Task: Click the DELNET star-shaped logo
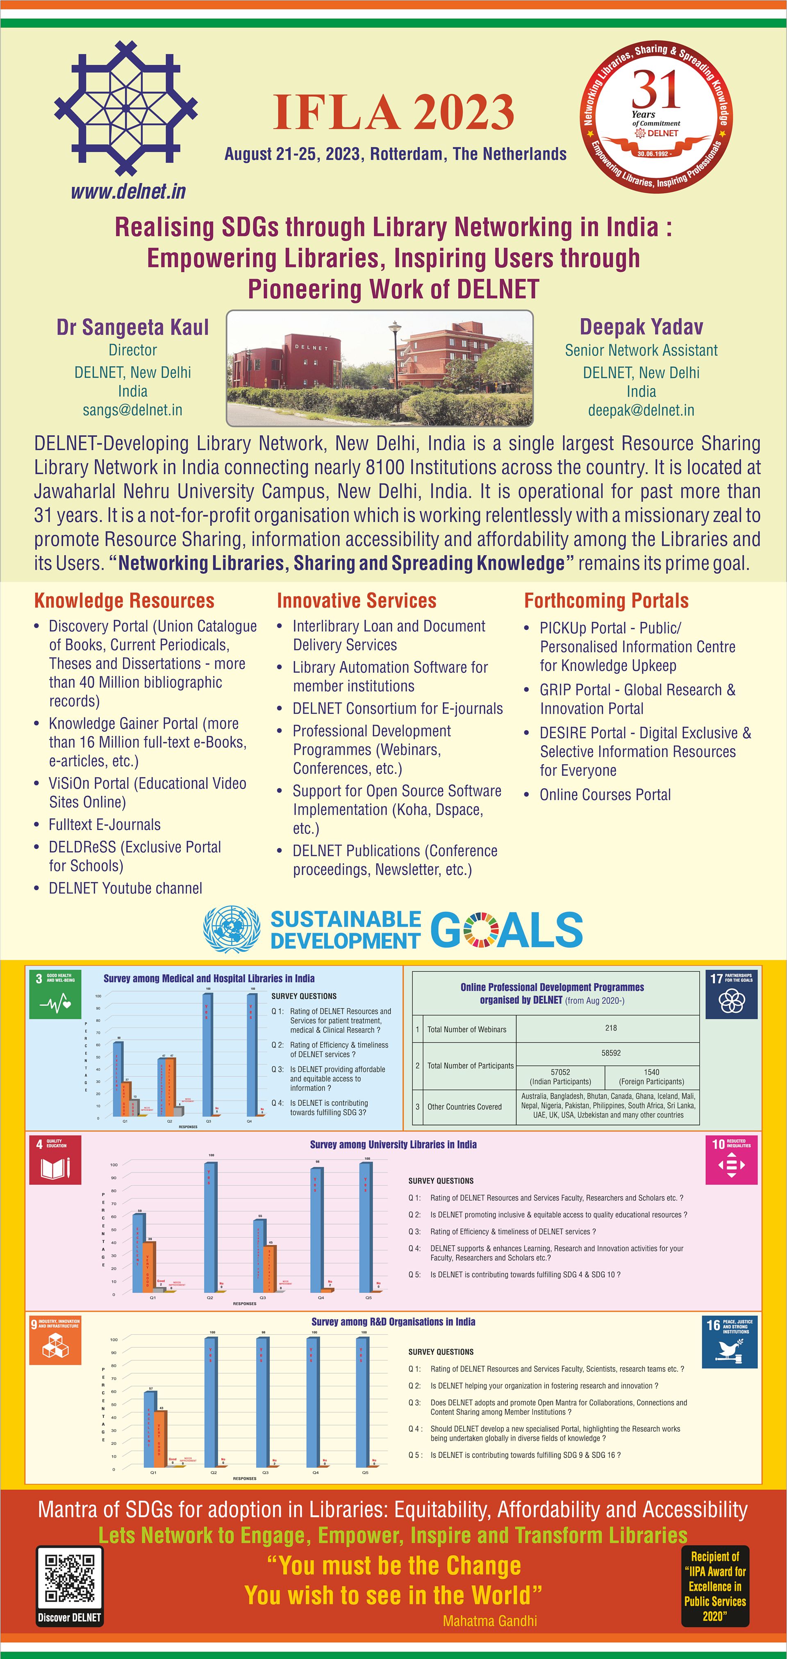point(126,108)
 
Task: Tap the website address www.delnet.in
point(128,191)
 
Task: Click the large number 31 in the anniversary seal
point(655,90)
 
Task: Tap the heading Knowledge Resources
point(124,601)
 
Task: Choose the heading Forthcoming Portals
point(606,601)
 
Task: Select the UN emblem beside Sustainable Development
point(232,929)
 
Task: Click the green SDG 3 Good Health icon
point(55,995)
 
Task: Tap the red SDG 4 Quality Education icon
point(55,1160)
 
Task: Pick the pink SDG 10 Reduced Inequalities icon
point(731,1160)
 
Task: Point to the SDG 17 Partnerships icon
point(731,995)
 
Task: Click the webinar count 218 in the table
point(610,1028)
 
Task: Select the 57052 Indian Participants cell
point(560,1076)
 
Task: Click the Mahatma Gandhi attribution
point(489,1621)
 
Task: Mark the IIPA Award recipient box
point(715,1586)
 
